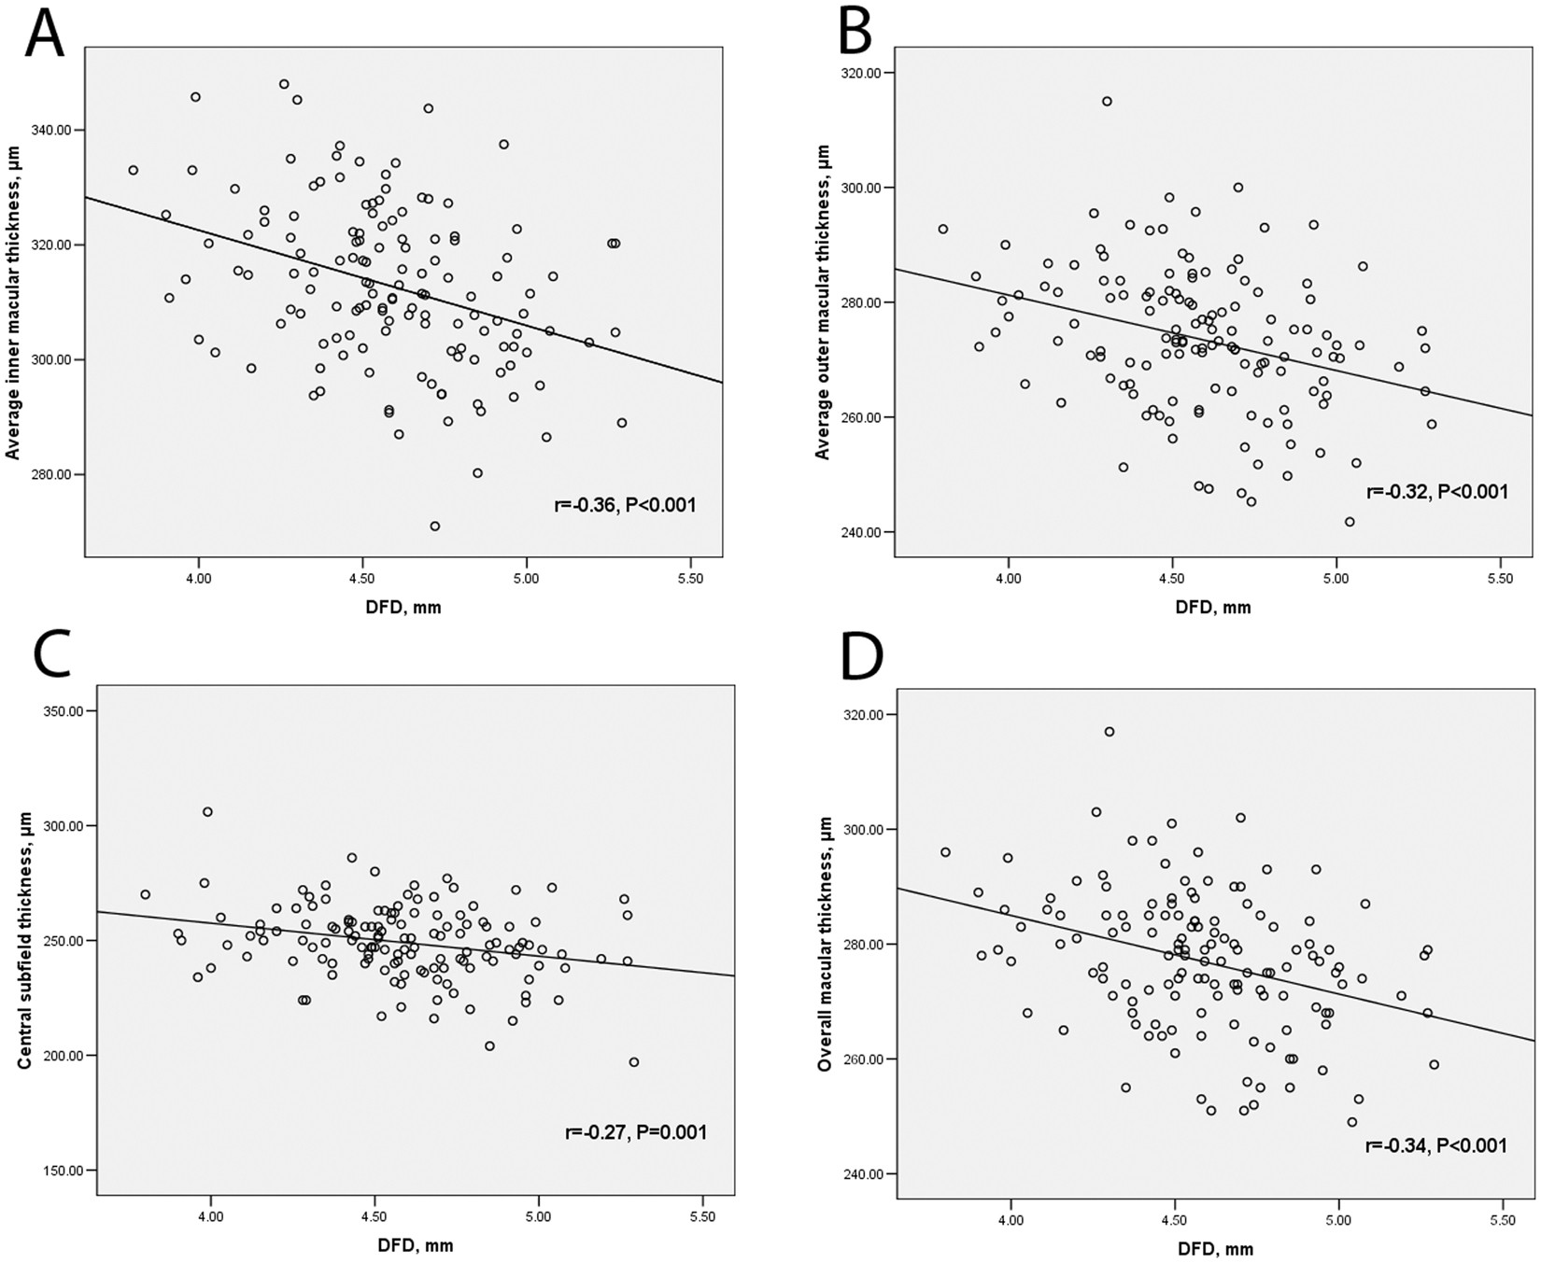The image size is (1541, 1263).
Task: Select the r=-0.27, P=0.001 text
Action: coord(636,1132)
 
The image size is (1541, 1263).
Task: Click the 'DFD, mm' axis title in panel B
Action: coord(1213,608)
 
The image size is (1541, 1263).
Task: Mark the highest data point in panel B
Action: coord(1107,101)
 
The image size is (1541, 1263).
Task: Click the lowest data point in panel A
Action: coord(434,526)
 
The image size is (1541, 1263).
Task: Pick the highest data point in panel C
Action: coord(207,812)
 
